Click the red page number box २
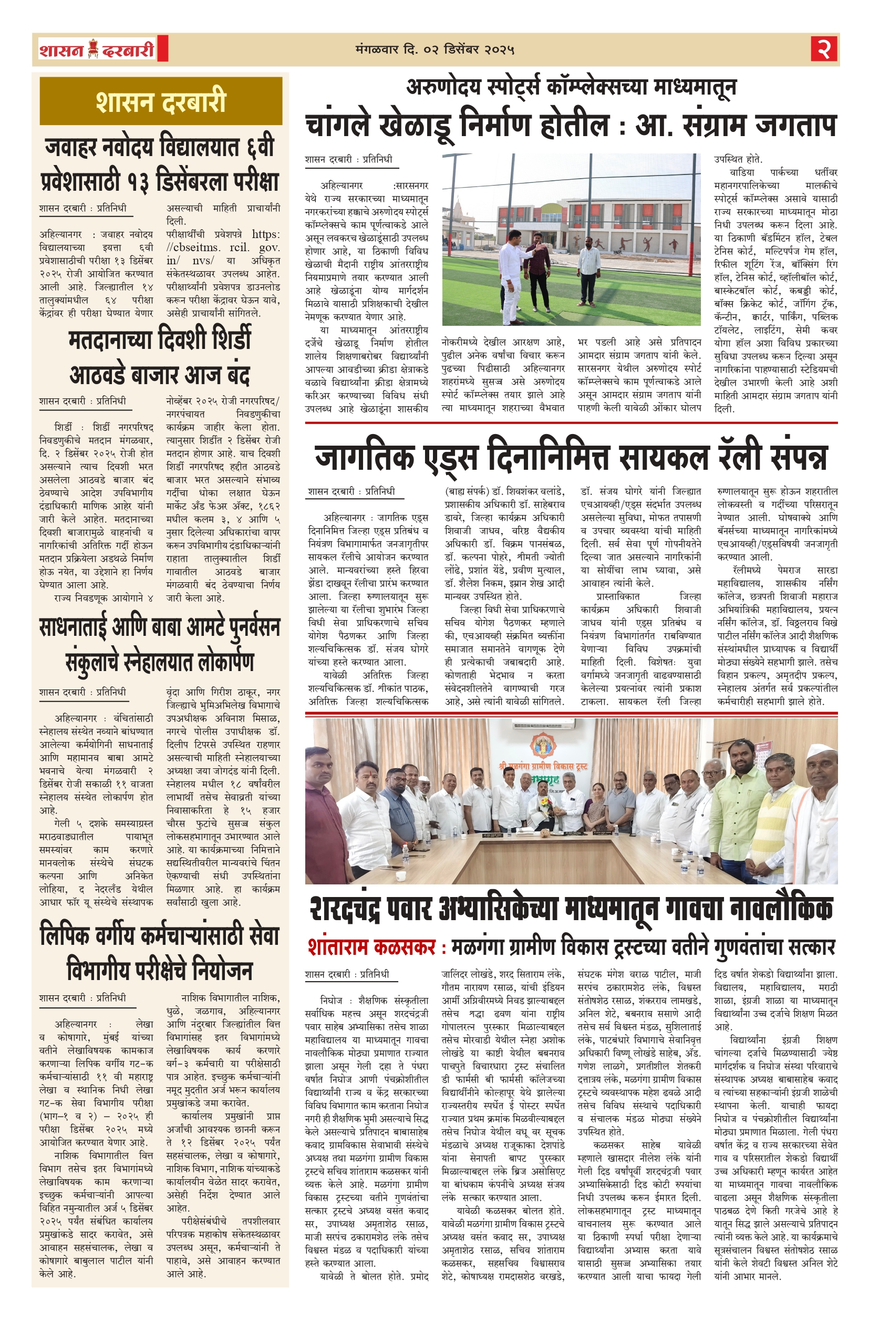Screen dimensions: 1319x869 (824, 49)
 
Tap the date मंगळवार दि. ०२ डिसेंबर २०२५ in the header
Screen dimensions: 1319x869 (435, 50)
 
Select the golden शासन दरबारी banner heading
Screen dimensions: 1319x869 (161, 101)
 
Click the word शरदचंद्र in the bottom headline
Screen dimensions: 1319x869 (364, 909)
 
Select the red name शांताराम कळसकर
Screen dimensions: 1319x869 (371, 947)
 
